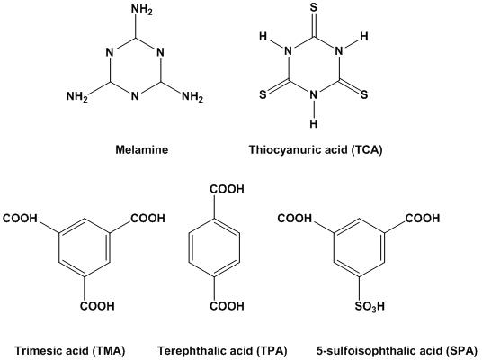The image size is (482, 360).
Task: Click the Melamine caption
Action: click(x=142, y=149)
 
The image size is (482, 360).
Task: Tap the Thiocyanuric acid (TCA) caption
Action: click(x=316, y=149)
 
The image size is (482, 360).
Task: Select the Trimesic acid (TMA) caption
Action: click(x=70, y=351)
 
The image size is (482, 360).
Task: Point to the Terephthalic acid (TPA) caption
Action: click(x=222, y=351)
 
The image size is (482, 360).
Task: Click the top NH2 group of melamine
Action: click(x=142, y=10)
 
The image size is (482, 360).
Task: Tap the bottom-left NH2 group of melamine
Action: click(x=77, y=97)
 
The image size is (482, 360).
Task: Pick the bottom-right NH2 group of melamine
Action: click(x=192, y=97)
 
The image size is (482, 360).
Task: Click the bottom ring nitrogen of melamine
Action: click(x=135, y=96)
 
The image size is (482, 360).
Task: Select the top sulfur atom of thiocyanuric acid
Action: click(x=314, y=7)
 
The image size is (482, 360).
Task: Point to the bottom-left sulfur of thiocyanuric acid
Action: click(x=263, y=94)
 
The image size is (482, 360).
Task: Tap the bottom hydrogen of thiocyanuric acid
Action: click(x=314, y=123)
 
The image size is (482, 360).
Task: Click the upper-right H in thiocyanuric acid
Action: click(x=364, y=37)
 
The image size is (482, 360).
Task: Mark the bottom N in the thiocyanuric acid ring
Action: click(x=314, y=95)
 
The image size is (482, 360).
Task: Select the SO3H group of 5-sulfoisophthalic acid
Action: click(x=370, y=307)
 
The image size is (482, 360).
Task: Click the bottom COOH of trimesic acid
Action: click(x=97, y=306)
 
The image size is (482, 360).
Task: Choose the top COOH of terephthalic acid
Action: click(x=228, y=189)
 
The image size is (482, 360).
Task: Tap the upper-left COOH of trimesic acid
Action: click(x=20, y=219)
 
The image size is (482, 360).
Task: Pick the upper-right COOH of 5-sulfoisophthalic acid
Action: click(x=423, y=219)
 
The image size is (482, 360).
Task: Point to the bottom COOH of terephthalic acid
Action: click(x=228, y=306)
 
